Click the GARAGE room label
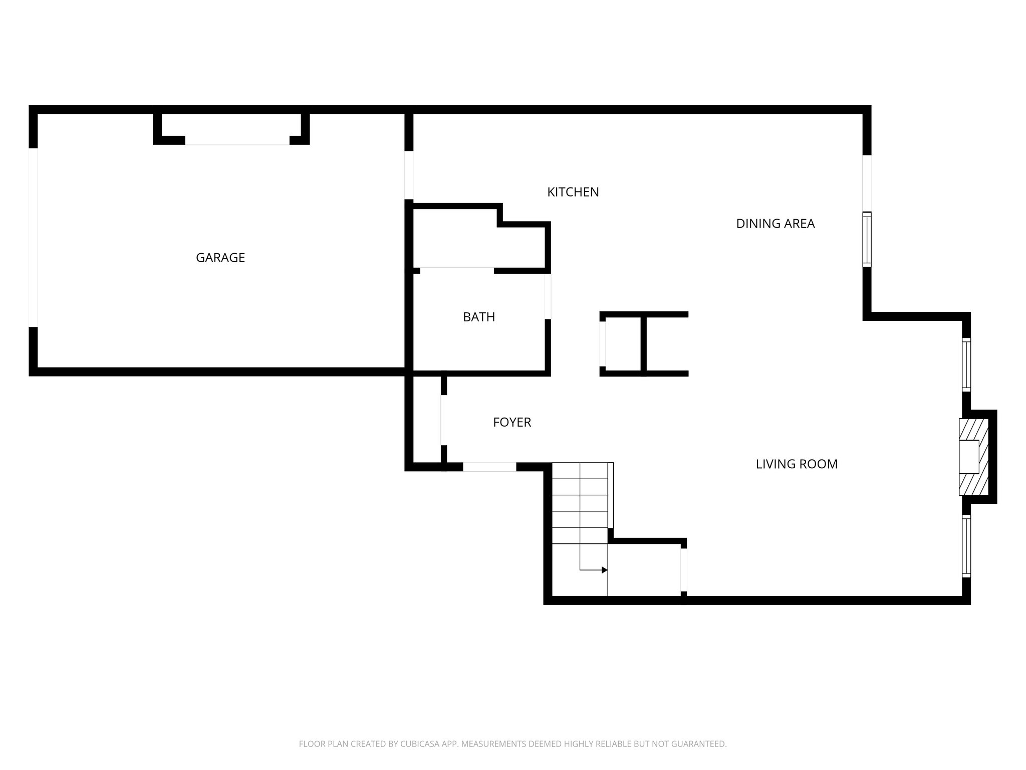220,258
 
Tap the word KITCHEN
573,192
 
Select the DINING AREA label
775,224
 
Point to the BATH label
478,317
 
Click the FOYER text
511,422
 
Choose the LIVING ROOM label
796,464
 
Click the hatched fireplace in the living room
974,457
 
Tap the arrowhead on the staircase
604,570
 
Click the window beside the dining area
867,239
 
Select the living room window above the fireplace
966,364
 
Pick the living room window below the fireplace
966,546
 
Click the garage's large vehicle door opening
33,238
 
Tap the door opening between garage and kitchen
409,175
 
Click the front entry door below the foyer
489,467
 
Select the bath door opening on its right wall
548,296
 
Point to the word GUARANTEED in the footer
700,744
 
